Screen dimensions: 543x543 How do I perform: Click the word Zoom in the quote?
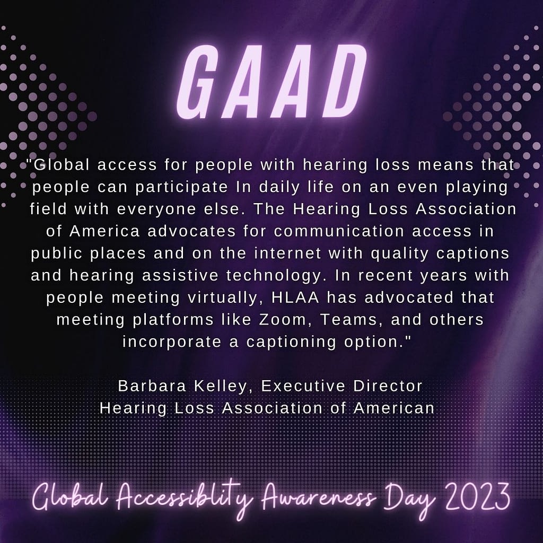click(283, 319)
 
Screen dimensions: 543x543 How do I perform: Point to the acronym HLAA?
click(295, 297)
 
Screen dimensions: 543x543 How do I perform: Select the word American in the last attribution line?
click(394, 408)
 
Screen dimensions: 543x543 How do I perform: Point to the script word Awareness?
click(318, 498)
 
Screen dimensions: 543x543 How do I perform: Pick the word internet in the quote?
click(287, 253)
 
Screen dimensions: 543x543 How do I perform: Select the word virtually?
click(225, 298)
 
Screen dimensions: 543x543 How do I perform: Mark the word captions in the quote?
click(472, 254)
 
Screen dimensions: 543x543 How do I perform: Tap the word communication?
click(339, 231)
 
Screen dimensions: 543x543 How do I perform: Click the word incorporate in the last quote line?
click(172, 342)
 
